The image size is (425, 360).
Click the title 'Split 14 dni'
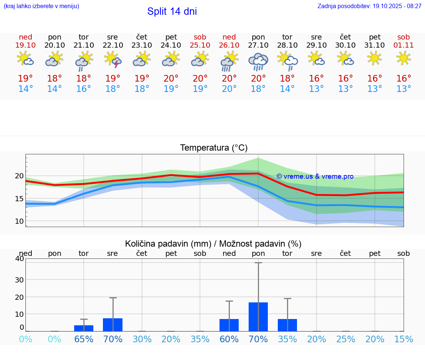pyautogui.click(x=172, y=11)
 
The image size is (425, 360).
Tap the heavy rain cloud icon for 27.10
pyautogui.click(x=258, y=61)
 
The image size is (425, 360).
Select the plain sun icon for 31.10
pyautogui.click(x=375, y=58)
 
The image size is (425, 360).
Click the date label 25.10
pyautogui.click(x=200, y=45)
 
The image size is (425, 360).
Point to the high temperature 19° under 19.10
pyautogui.click(x=25, y=78)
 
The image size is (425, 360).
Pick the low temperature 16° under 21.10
pyautogui.click(x=84, y=89)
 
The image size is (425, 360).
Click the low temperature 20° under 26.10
pyautogui.click(x=229, y=89)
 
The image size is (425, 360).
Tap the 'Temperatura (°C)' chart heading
pyautogui.click(x=214, y=148)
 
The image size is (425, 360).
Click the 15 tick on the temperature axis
pyautogui.click(x=19, y=199)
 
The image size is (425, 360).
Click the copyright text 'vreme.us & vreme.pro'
pyautogui.click(x=315, y=176)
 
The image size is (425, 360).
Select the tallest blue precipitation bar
pyautogui.click(x=258, y=316)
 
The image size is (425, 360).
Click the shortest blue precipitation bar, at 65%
pyautogui.click(x=84, y=328)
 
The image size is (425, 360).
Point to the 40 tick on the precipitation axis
pyautogui.click(x=19, y=258)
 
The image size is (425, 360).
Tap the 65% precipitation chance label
pyautogui.click(x=84, y=339)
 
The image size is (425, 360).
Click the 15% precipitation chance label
pyautogui.click(x=404, y=339)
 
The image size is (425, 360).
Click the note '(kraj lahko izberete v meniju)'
pyautogui.click(x=41, y=6)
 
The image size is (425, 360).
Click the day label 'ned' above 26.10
pyautogui.click(x=229, y=37)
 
